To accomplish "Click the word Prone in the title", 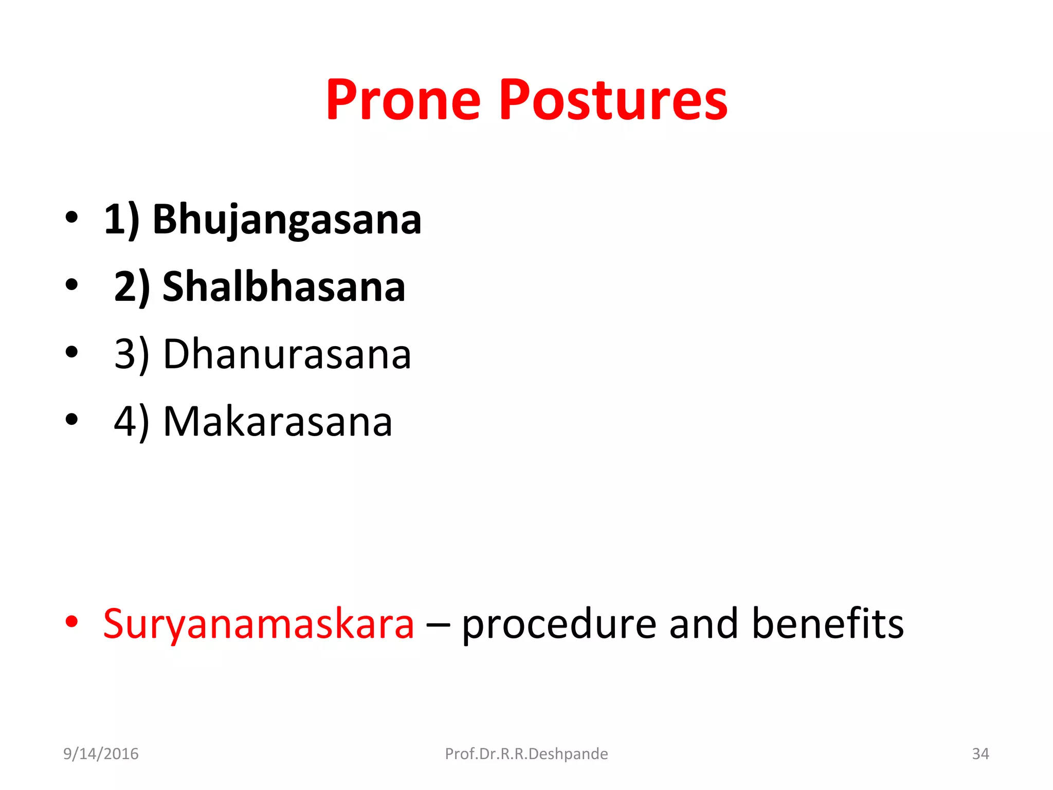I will tap(403, 100).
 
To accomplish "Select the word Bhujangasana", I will tap(287, 220).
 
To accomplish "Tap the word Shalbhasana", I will tap(284, 287).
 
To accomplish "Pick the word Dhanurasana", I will tap(287, 354).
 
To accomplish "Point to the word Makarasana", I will tap(278, 422).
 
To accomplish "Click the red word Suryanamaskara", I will tap(259, 624).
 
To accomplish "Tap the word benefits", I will tap(827, 624).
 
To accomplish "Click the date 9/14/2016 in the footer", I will tap(101, 754).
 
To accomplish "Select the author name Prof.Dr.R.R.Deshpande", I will tap(526, 754).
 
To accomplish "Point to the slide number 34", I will tap(980, 754).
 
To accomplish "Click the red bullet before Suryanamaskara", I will tap(71, 622).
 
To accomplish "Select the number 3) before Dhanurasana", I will tap(132, 355).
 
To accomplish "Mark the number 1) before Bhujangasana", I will tap(121, 221).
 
